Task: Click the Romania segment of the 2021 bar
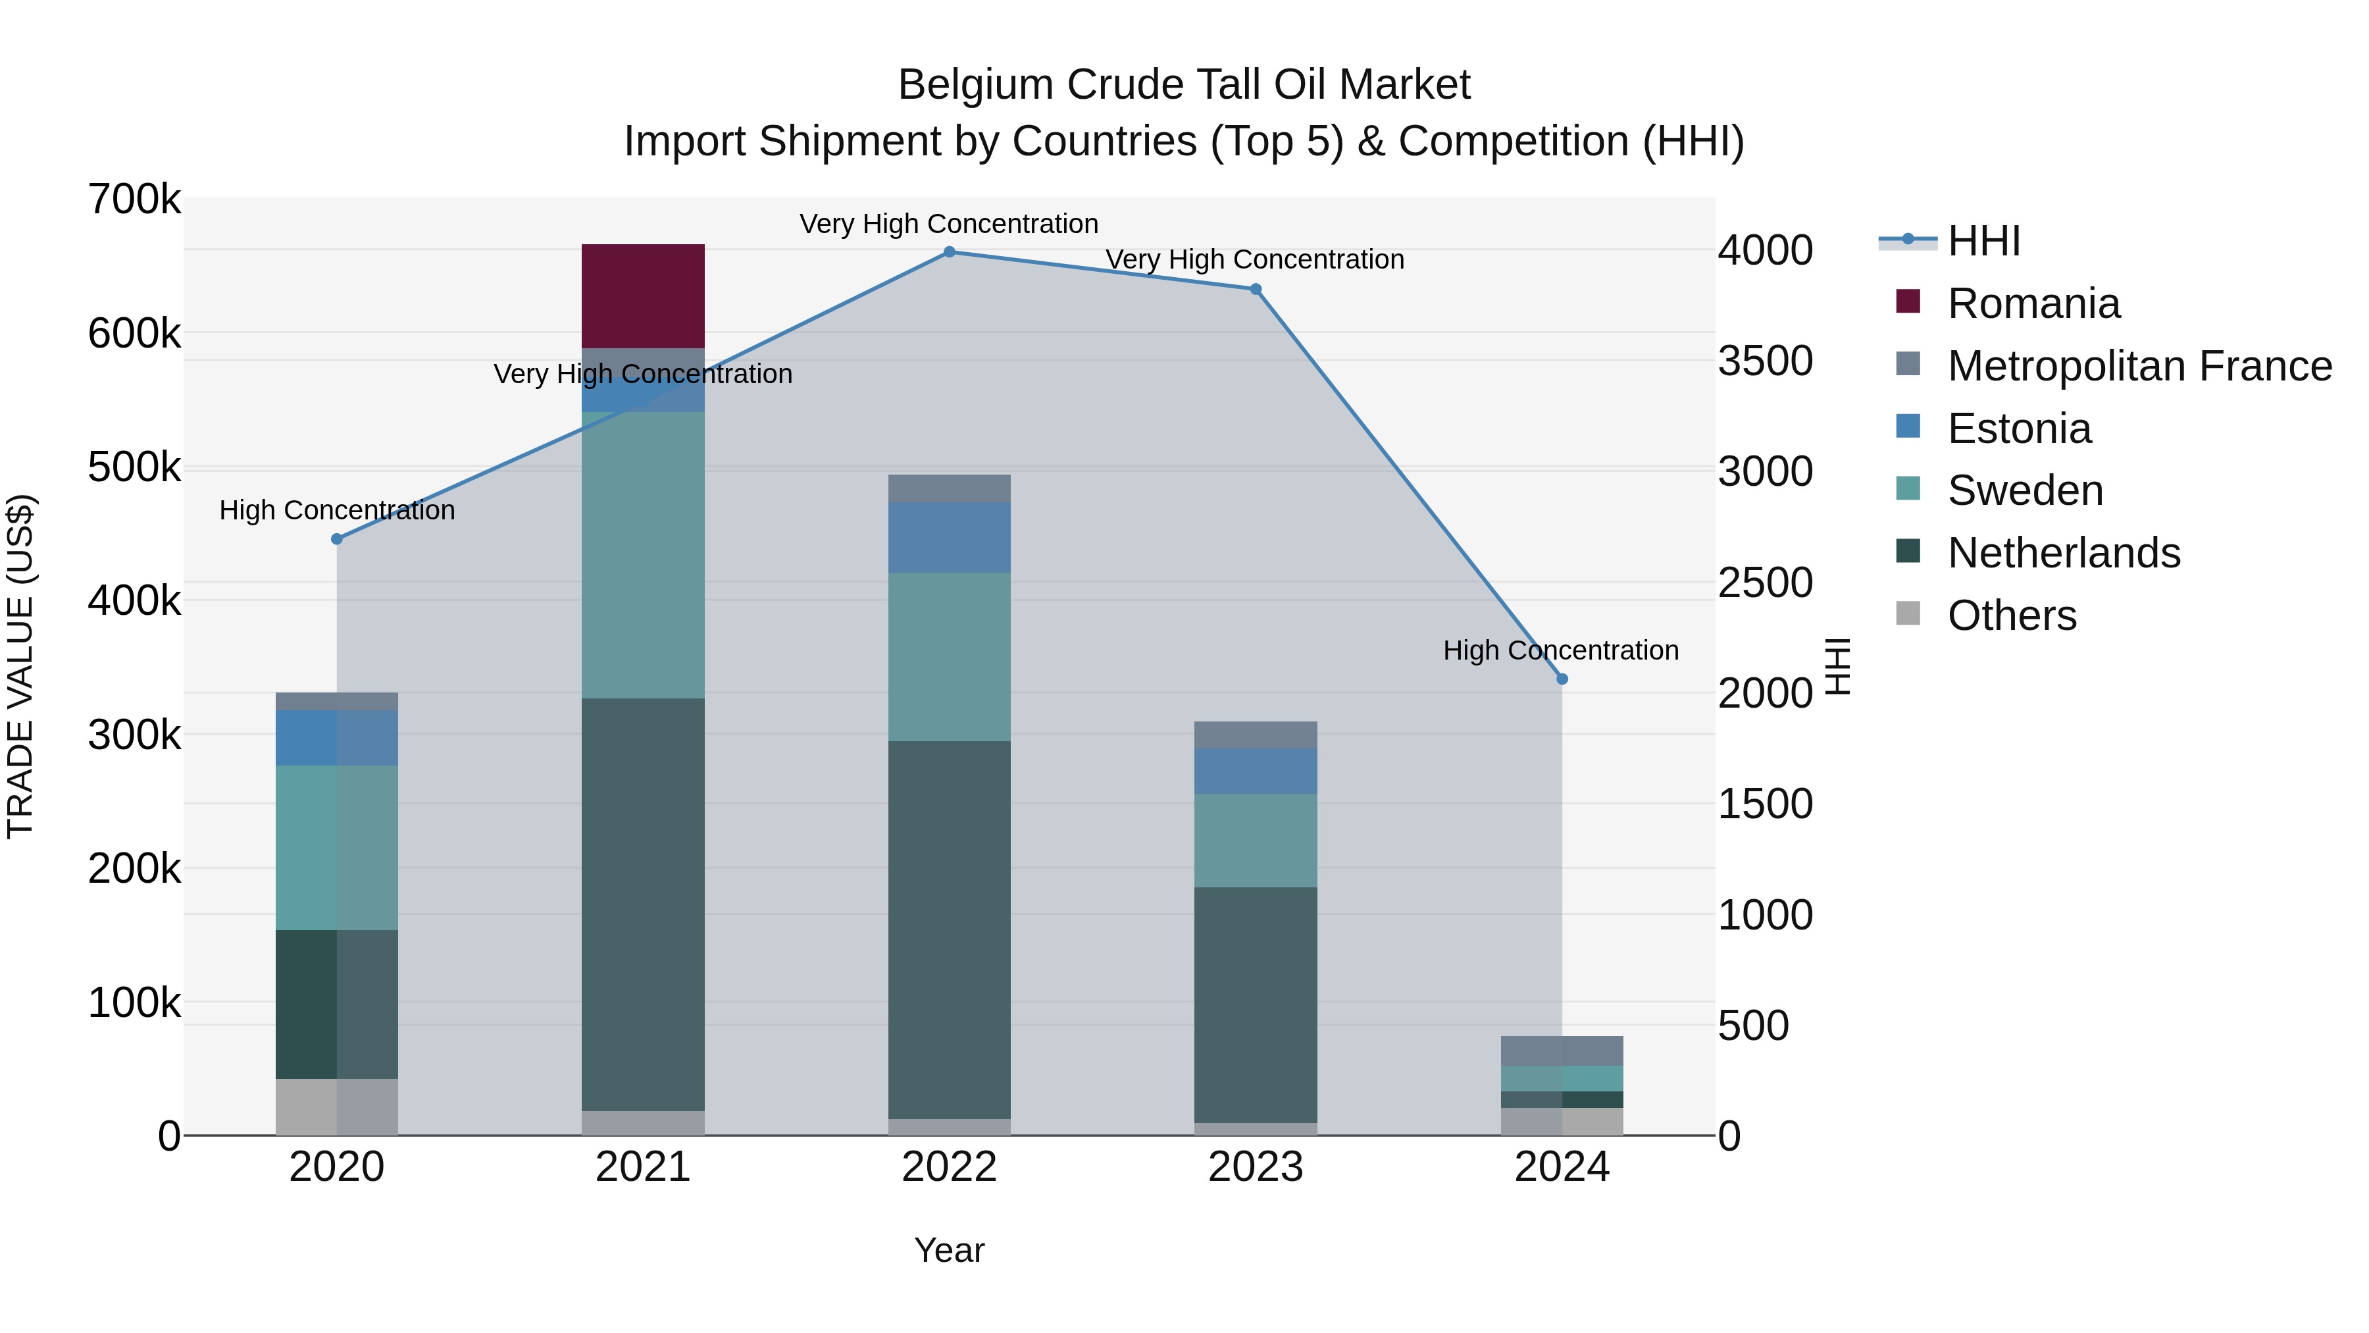(x=643, y=296)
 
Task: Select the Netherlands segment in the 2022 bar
(x=949, y=929)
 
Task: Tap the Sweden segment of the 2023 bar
(x=1256, y=840)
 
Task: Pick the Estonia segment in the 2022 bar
(x=949, y=537)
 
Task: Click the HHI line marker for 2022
(x=949, y=251)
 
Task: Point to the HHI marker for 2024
(x=1562, y=679)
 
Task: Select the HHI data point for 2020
(x=336, y=539)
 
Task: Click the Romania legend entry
(x=2033, y=303)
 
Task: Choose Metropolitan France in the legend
(x=2138, y=366)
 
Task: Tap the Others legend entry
(x=2011, y=615)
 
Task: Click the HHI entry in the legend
(x=1983, y=241)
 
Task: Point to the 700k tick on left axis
(x=134, y=199)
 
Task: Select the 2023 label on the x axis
(x=1256, y=1167)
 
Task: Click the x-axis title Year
(x=949, y=1250)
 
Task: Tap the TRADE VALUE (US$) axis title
(x=20, y=666)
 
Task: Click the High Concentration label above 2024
(x=1561, y=650)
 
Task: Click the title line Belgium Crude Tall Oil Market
(x=1184, y=85)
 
